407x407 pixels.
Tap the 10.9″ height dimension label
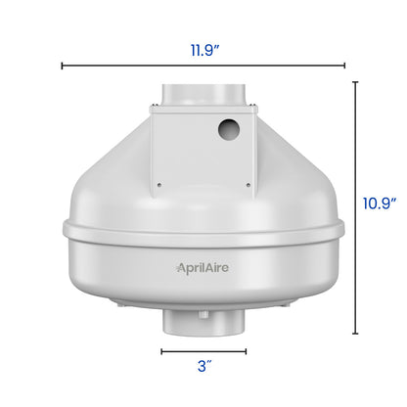pos(377,203)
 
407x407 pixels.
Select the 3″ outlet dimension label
pos(203,368)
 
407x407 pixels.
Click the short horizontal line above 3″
pos(203,350)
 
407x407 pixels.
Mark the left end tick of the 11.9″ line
pos(62,66)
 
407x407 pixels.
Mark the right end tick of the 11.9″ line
pos(345,66)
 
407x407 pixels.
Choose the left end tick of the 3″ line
pos(162,350)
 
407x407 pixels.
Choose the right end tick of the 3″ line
pos(246,350)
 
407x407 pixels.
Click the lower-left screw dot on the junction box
pos(157,179)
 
